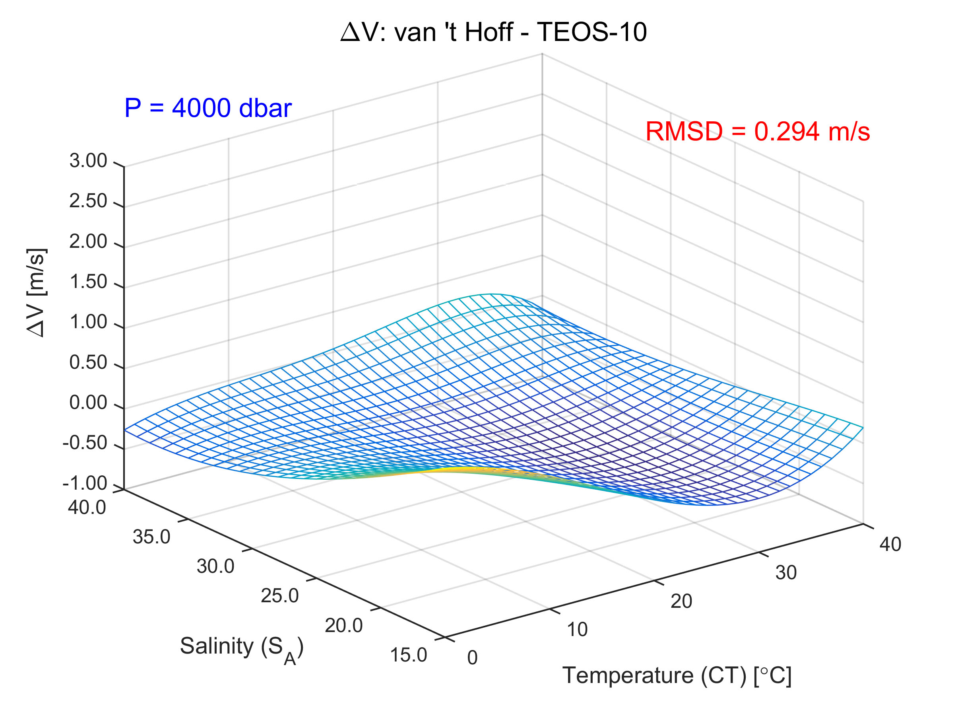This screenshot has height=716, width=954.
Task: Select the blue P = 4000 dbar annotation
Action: click(x=208, y=108)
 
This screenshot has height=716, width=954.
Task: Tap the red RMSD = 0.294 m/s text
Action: click(x=757, y=131)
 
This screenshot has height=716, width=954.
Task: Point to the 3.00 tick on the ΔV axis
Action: click(x=88, y=161)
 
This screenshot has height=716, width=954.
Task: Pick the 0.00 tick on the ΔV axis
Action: click(x=88, y=403)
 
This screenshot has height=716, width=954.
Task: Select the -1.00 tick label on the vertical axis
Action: click(x=85, y=483)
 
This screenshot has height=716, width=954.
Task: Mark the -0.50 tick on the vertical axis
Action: click(x=85, y=443)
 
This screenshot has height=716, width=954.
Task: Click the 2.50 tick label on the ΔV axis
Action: click(x=88, y=201)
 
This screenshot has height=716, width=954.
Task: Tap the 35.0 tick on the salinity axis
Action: click(x=151, y=537)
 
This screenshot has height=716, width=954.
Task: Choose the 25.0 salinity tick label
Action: click(x=279, y=596)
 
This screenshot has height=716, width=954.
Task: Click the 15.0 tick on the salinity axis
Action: click(x=408, y=655)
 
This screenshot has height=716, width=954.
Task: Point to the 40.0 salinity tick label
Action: click(x=87, y=508)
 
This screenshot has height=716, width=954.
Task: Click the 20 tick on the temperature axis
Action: click(x=681, y=601)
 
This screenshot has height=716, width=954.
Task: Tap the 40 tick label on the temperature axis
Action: click(x=890, y=545)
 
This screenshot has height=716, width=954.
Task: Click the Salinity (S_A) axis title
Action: click(x=242, y=647)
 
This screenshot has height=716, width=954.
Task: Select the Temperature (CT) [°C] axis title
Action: click(x=677, y=676)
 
